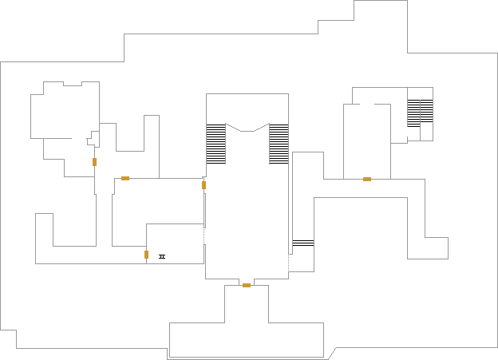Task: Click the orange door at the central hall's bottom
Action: point(247,285)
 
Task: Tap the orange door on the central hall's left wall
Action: point(204,185)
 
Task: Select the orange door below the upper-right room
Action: point(367,179)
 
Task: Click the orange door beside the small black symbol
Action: point(147,255)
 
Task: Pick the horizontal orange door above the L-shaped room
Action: point(125,178)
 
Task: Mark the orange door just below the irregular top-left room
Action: point(94,162)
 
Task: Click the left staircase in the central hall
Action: point(215,144)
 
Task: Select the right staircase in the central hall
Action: point(279,144)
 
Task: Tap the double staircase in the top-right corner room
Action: point(420,113)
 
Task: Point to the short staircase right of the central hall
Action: point(302,243)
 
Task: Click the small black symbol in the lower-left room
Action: point(162,256)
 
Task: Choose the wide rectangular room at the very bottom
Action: point(246,340)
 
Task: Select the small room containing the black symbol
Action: point(176,243)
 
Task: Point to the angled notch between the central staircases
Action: point(247,128)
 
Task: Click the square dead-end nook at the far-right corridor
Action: point(436,247)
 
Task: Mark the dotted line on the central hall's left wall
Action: point(205,236)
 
